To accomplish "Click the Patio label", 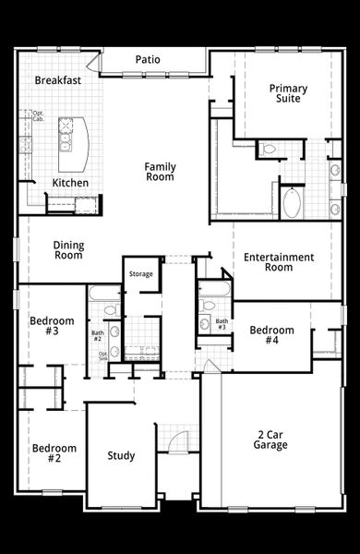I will [148, 59].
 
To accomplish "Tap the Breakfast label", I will [58, 80].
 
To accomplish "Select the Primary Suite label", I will [288, 93].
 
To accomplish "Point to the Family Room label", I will [160, 172].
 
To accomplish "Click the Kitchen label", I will [70, 183].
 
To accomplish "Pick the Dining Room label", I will [68, 249].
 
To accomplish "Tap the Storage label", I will [140, 274].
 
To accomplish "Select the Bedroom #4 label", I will [271, 335].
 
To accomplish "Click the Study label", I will [121, 455].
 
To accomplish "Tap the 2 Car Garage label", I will [271, 440].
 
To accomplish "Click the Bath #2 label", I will [97, 336].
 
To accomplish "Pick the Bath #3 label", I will [222, 324].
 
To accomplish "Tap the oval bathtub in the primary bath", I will [292, 202].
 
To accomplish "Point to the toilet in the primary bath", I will [270, 149].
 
